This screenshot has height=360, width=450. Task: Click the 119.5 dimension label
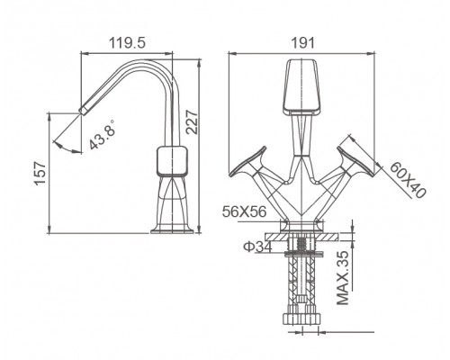click(x=127, y=43)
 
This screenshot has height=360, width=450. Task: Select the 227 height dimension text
click(x=192, y=122)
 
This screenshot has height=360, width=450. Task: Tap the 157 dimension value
click(x=40, y=174)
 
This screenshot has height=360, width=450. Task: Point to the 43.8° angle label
click(x=103, y=134)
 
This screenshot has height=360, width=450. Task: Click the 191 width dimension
click(x=303, y=43)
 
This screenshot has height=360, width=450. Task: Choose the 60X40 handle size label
click(x=408, y=180)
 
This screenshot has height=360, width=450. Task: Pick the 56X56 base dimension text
click(x=244, y=211)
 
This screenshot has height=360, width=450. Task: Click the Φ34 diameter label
click(x=257, y=247)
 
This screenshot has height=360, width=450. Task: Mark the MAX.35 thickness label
click(x=343, y=277)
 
